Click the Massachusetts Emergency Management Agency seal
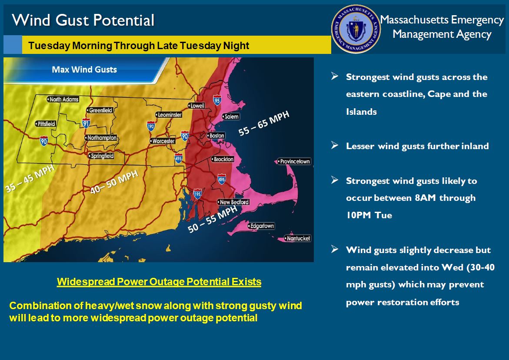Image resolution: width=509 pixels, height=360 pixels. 356,29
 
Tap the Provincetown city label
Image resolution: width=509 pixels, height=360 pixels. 295,162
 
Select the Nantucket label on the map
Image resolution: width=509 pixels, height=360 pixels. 298,238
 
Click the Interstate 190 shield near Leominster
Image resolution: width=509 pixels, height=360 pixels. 150,126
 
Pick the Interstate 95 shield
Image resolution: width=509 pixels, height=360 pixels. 217,101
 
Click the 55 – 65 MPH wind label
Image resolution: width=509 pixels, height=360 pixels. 264,123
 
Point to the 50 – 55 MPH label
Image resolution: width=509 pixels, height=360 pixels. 212,220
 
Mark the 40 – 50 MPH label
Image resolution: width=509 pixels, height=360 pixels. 114,182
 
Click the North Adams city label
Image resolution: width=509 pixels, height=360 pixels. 64,100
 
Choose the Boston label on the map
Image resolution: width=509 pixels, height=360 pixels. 216,136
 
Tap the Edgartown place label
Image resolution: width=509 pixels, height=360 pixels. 262,226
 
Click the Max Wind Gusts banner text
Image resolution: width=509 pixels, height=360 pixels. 84,69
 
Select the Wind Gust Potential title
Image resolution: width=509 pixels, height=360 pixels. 83,20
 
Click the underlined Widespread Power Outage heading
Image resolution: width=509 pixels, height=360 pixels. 159,282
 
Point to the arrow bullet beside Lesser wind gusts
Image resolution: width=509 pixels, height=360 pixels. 334,145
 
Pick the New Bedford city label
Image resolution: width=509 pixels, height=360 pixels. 234,202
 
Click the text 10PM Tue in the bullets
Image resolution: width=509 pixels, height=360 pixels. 369,215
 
